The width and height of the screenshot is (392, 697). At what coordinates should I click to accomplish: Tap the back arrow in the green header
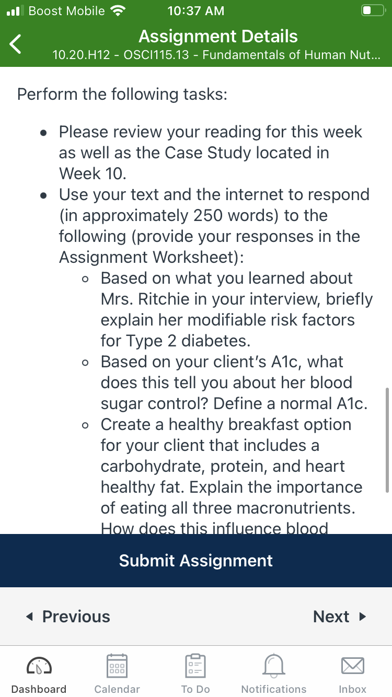pos(15,44)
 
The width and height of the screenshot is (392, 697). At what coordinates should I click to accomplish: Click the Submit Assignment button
pos(196,561)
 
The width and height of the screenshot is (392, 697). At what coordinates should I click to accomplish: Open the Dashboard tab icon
pos(39,665)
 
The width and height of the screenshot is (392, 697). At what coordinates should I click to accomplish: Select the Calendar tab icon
pos(117,665)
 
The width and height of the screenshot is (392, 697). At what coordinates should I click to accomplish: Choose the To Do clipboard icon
pos(195,665)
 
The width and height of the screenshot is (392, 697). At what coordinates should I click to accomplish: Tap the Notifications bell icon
pos(274,665)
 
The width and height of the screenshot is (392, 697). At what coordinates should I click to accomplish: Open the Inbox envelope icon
pos(353,666)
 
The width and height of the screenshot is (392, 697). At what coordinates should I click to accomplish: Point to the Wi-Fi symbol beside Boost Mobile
pos(118,11)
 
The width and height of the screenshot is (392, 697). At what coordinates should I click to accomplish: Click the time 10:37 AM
pos(196,11)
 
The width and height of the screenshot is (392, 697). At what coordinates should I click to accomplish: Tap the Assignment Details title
pos(218,36)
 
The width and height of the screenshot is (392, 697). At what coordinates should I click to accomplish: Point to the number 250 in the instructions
pos(208,215)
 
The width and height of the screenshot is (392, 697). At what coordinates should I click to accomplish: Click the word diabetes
pos(216,341)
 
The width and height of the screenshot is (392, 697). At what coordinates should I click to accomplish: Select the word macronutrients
pos(296,508)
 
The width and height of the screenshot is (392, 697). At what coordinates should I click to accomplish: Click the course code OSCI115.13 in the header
pos(156,55)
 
